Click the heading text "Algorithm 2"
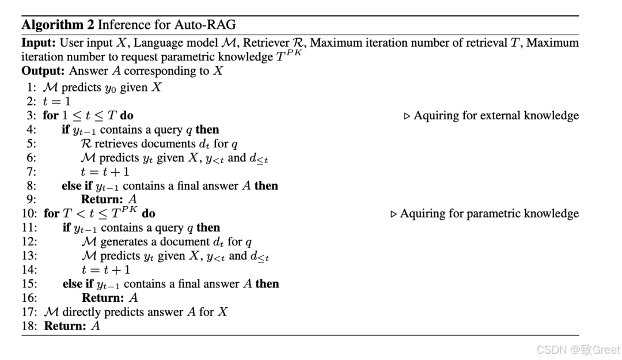(x=58, y=25)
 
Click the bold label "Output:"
(x=44, y=71)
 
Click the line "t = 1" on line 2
(x=56, y=101)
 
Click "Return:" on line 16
(x=103, y=298)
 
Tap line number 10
(x=29, y=214)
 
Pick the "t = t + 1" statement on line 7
(x=105, y=172)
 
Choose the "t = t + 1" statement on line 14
(x=106, y=270)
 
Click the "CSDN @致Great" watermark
(x=578, y=350)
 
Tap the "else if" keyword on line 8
(x=77, y=185)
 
